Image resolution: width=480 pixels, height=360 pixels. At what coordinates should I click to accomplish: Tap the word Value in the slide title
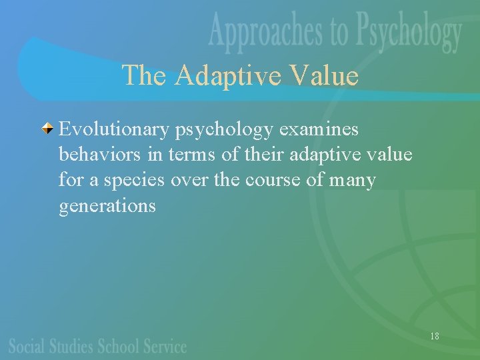328,75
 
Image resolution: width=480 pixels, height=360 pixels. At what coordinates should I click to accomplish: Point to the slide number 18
434,336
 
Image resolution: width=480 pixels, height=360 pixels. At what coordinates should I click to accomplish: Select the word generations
107,205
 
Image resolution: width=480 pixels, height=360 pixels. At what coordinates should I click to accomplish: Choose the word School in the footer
120,347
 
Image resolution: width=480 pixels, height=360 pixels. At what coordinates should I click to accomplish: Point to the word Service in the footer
165,347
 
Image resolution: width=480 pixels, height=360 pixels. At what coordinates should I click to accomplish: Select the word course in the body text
271,180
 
